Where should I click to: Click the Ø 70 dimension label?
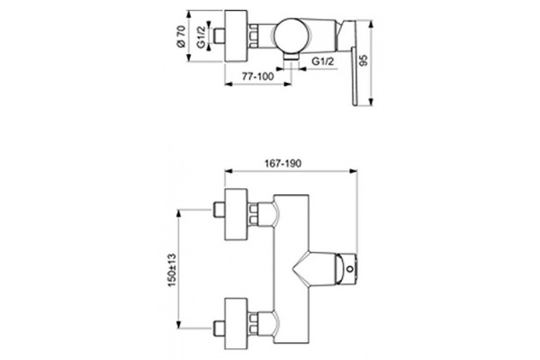(x=181, y=36)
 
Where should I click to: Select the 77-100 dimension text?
(x=257, y=76)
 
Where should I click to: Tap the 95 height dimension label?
(x=363, y=60)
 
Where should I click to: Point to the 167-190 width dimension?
(x=283, y=163)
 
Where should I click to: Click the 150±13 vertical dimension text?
(x=172, y=270)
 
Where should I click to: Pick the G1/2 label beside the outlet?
(x=323, y=61)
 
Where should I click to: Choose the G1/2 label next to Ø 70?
(x=201, y=37)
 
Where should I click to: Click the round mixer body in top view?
(x=292, y=35)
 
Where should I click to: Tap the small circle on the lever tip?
(x=350, y=269)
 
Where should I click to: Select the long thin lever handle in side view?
(x=355, y=76)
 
